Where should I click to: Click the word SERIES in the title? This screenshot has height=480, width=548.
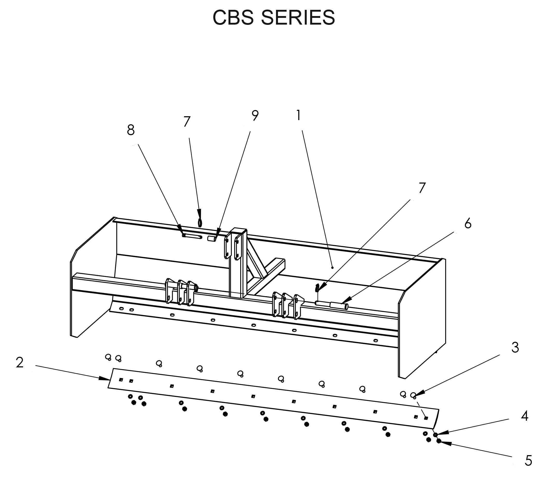point(298,18)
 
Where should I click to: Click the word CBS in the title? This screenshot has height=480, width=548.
point(233,18)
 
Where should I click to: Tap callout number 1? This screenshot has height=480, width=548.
point(298,115)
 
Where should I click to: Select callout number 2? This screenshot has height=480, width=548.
point(20,363)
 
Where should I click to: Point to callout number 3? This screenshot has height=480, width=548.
point(515,347)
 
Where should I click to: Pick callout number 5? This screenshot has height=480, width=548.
point(528,461)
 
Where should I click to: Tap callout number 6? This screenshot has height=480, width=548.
point(468,223)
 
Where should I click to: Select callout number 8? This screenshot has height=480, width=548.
point(131,130)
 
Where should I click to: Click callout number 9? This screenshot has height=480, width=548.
point(255,115)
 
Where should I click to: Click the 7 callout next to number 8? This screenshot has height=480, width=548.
point(187,122)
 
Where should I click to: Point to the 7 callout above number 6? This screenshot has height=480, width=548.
point(422,188)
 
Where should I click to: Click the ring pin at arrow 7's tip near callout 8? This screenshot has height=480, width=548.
point(200,222)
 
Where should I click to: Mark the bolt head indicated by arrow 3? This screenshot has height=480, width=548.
point(413,395)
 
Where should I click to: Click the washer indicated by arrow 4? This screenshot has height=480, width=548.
point(436,434)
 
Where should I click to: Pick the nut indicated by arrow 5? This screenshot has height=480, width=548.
point(439,441)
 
